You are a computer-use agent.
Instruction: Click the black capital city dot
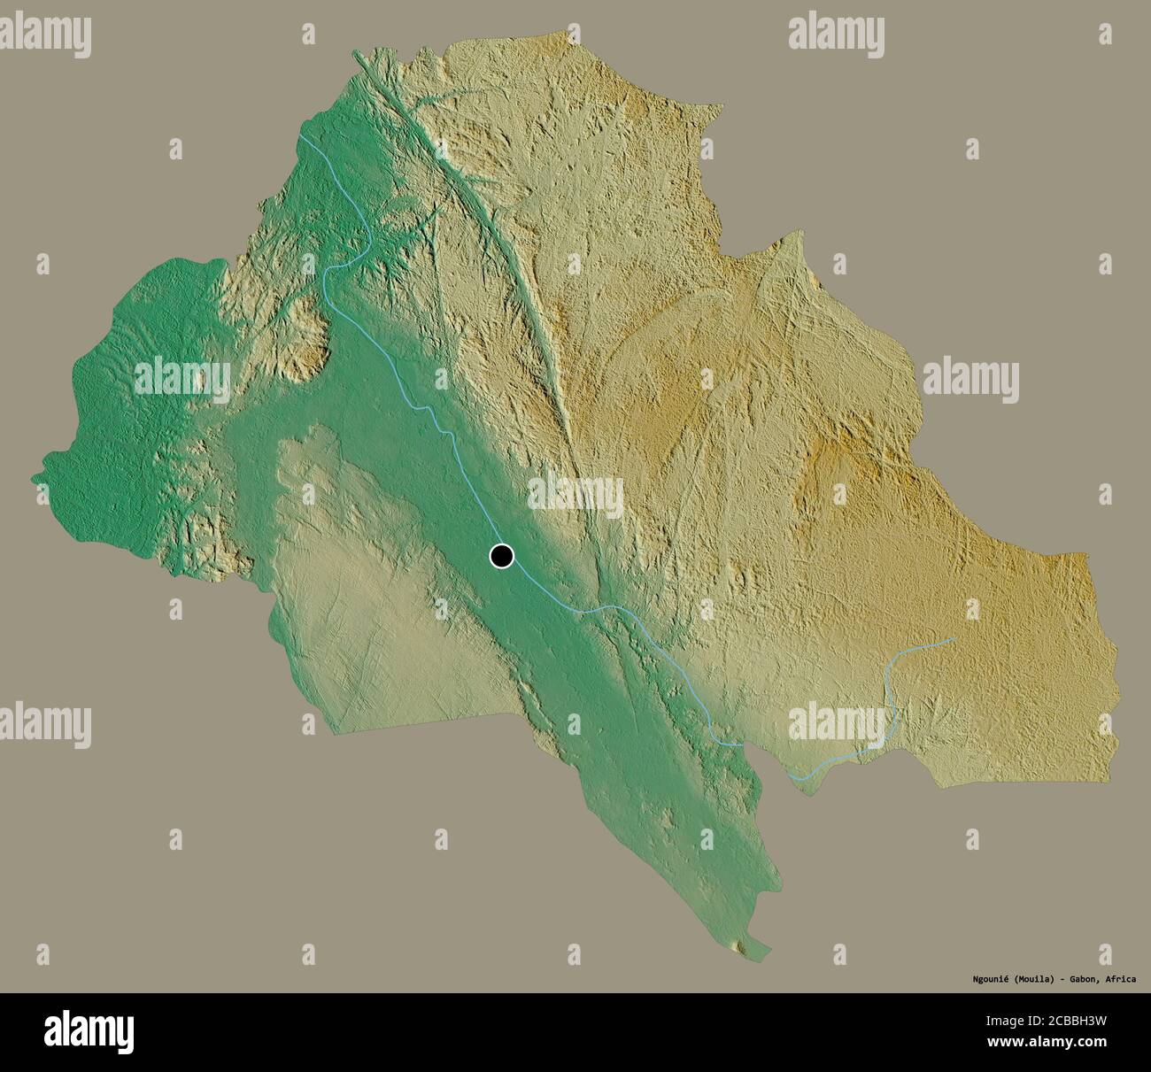click(501, 556)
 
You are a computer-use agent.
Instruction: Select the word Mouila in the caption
click(1029, 980)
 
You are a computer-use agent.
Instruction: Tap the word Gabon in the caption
click(1082, 980)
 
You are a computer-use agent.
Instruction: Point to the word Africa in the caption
click(1121, 980)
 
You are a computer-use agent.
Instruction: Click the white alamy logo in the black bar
click(89, 1032)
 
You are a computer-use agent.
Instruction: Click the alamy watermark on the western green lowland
click(182, 379)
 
